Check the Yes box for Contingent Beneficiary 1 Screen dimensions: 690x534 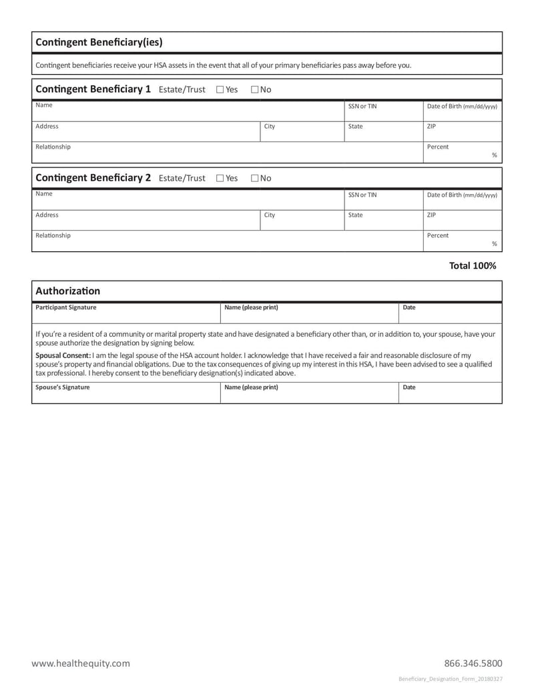[x=220, y=89]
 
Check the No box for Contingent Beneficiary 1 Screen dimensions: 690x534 [x=255, y=89]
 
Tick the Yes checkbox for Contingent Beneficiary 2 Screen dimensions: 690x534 [x=220, y=178]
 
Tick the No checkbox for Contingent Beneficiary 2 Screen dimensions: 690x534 [x=255, y=178]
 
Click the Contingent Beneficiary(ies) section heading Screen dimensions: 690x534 [x=99, y=43]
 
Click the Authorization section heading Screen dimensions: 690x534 [x=67, y=291]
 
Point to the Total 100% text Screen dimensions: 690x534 [x=473, y=265]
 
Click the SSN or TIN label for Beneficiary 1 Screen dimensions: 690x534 [x=362, y=106]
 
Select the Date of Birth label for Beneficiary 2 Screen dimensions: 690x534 [x=462, y=195]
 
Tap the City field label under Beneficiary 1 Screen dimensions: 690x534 [x=270, y=126]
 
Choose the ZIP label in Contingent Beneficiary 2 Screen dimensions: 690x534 [x=431, y=215]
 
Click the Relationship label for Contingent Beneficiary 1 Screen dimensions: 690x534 [x=53, y=147]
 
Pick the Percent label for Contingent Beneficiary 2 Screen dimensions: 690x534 [x=438, y=235]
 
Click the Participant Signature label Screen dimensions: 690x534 [x=65, y=307]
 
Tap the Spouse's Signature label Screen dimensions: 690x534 [x=62, y=387]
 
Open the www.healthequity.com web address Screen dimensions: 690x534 [x=81, y=663]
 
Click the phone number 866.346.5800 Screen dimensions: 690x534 [x=473, y=663]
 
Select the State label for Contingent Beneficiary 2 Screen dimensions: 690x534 [x=355, y=215]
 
